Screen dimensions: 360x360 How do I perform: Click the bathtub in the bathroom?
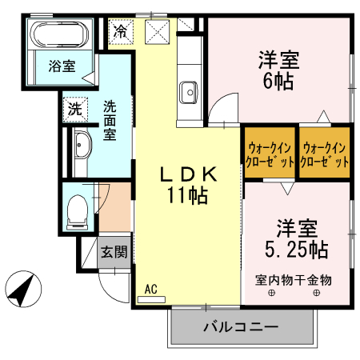coord(58,34)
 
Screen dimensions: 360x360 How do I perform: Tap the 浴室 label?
coord(62,66)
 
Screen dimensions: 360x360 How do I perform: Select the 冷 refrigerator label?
coord(120,32)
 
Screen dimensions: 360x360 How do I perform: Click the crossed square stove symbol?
coord(156,31)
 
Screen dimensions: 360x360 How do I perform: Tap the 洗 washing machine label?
coord(74,109)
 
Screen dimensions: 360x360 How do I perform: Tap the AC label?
coord(151,289)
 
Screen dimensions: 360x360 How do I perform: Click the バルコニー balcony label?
coord(240,327)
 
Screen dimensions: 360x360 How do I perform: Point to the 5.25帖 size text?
coord(295,248)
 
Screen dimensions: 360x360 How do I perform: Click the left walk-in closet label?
coord(270,154)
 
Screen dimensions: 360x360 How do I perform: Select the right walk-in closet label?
coord(326,154)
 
